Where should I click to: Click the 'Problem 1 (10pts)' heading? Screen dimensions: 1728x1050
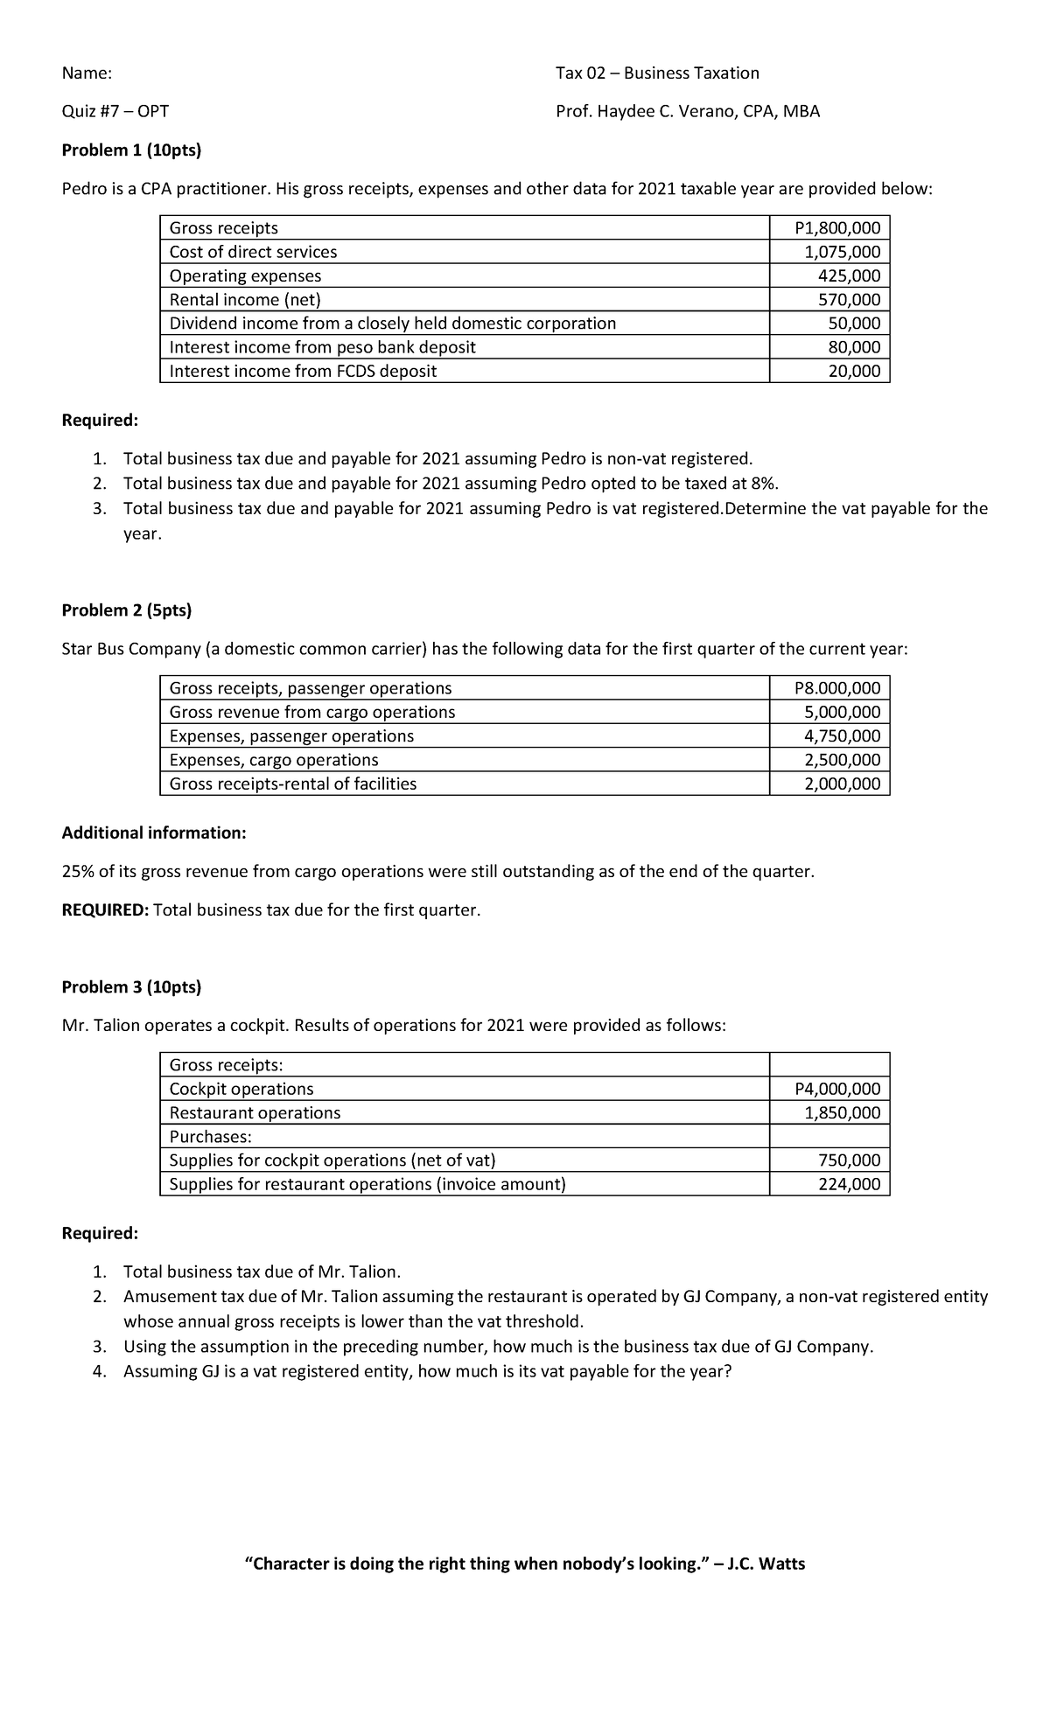click(131, 150)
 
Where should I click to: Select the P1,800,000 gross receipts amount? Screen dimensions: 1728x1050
click(837, 228)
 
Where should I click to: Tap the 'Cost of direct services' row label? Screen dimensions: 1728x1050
click(253, 252)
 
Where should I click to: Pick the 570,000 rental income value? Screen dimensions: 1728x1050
click(855, 300)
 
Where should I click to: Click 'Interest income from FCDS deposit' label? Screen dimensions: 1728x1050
click(303, 371)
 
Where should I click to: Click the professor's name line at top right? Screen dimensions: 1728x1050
click(688, 111)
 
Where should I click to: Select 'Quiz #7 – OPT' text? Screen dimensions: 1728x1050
click(115, 111)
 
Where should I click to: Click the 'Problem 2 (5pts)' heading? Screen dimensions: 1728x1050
click(127, 610)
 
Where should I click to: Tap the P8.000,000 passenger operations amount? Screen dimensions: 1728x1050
click(837, 688)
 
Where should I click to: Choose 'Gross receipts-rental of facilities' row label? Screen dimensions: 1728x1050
click(293, 784)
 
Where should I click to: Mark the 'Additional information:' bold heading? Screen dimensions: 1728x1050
click(154, 833)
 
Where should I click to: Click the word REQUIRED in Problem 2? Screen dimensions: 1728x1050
click(105, 909)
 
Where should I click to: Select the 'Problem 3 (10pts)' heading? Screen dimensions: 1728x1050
click(131, 986)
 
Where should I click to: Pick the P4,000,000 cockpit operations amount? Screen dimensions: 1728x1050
click(837, 1089)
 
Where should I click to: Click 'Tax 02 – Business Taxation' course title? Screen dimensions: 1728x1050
click(657, 73)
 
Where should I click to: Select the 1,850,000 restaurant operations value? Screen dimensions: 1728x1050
click(843, 1112)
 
